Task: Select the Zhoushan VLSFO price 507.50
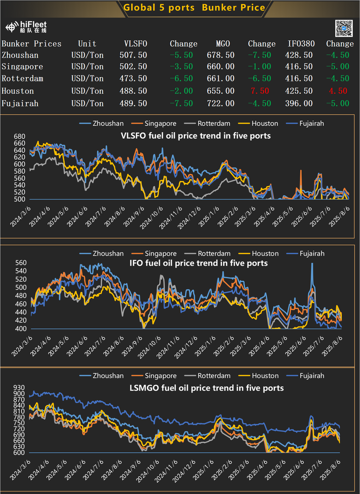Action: click(x=136, y=55)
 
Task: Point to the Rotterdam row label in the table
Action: click(x=22, y=79)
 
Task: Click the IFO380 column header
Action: click(x=300, y=44)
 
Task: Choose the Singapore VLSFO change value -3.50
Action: click(x=181, y=67)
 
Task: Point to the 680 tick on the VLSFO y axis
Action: click(x=19, y=137)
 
